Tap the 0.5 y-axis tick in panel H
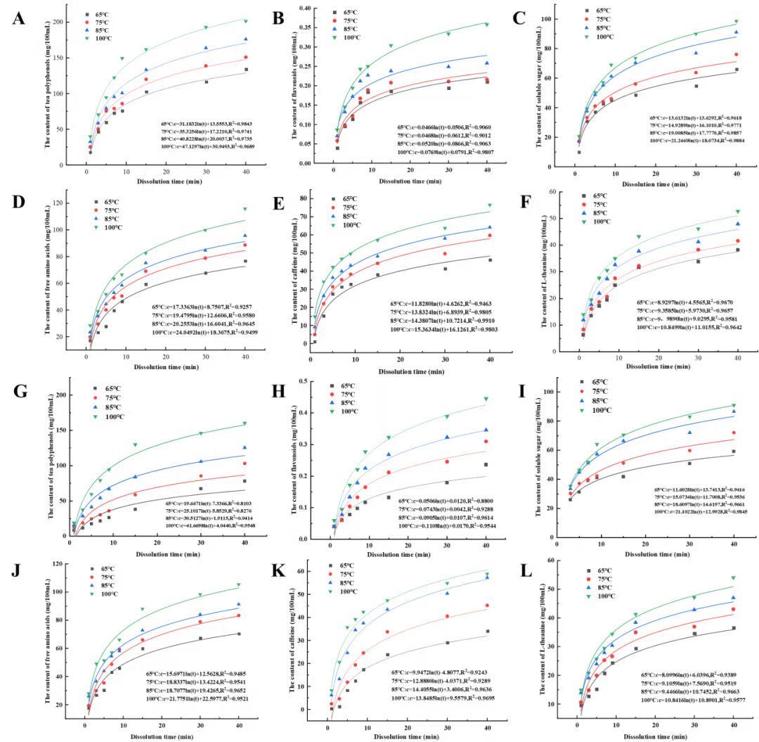tap(306, 381)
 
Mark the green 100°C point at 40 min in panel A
tap(245, 20)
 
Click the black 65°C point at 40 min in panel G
tap(245, 481)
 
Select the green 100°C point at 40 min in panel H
tap(486, 399)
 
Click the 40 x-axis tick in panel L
tap(733, 725)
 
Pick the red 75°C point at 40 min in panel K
tap(486, 606)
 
